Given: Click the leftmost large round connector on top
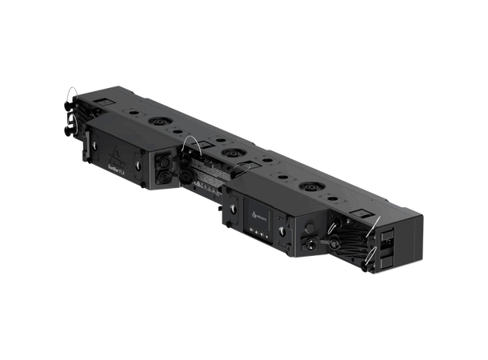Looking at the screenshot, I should point(154,123).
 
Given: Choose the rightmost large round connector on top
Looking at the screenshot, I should point(309,189).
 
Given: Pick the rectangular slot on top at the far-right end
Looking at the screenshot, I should point(357,217).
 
